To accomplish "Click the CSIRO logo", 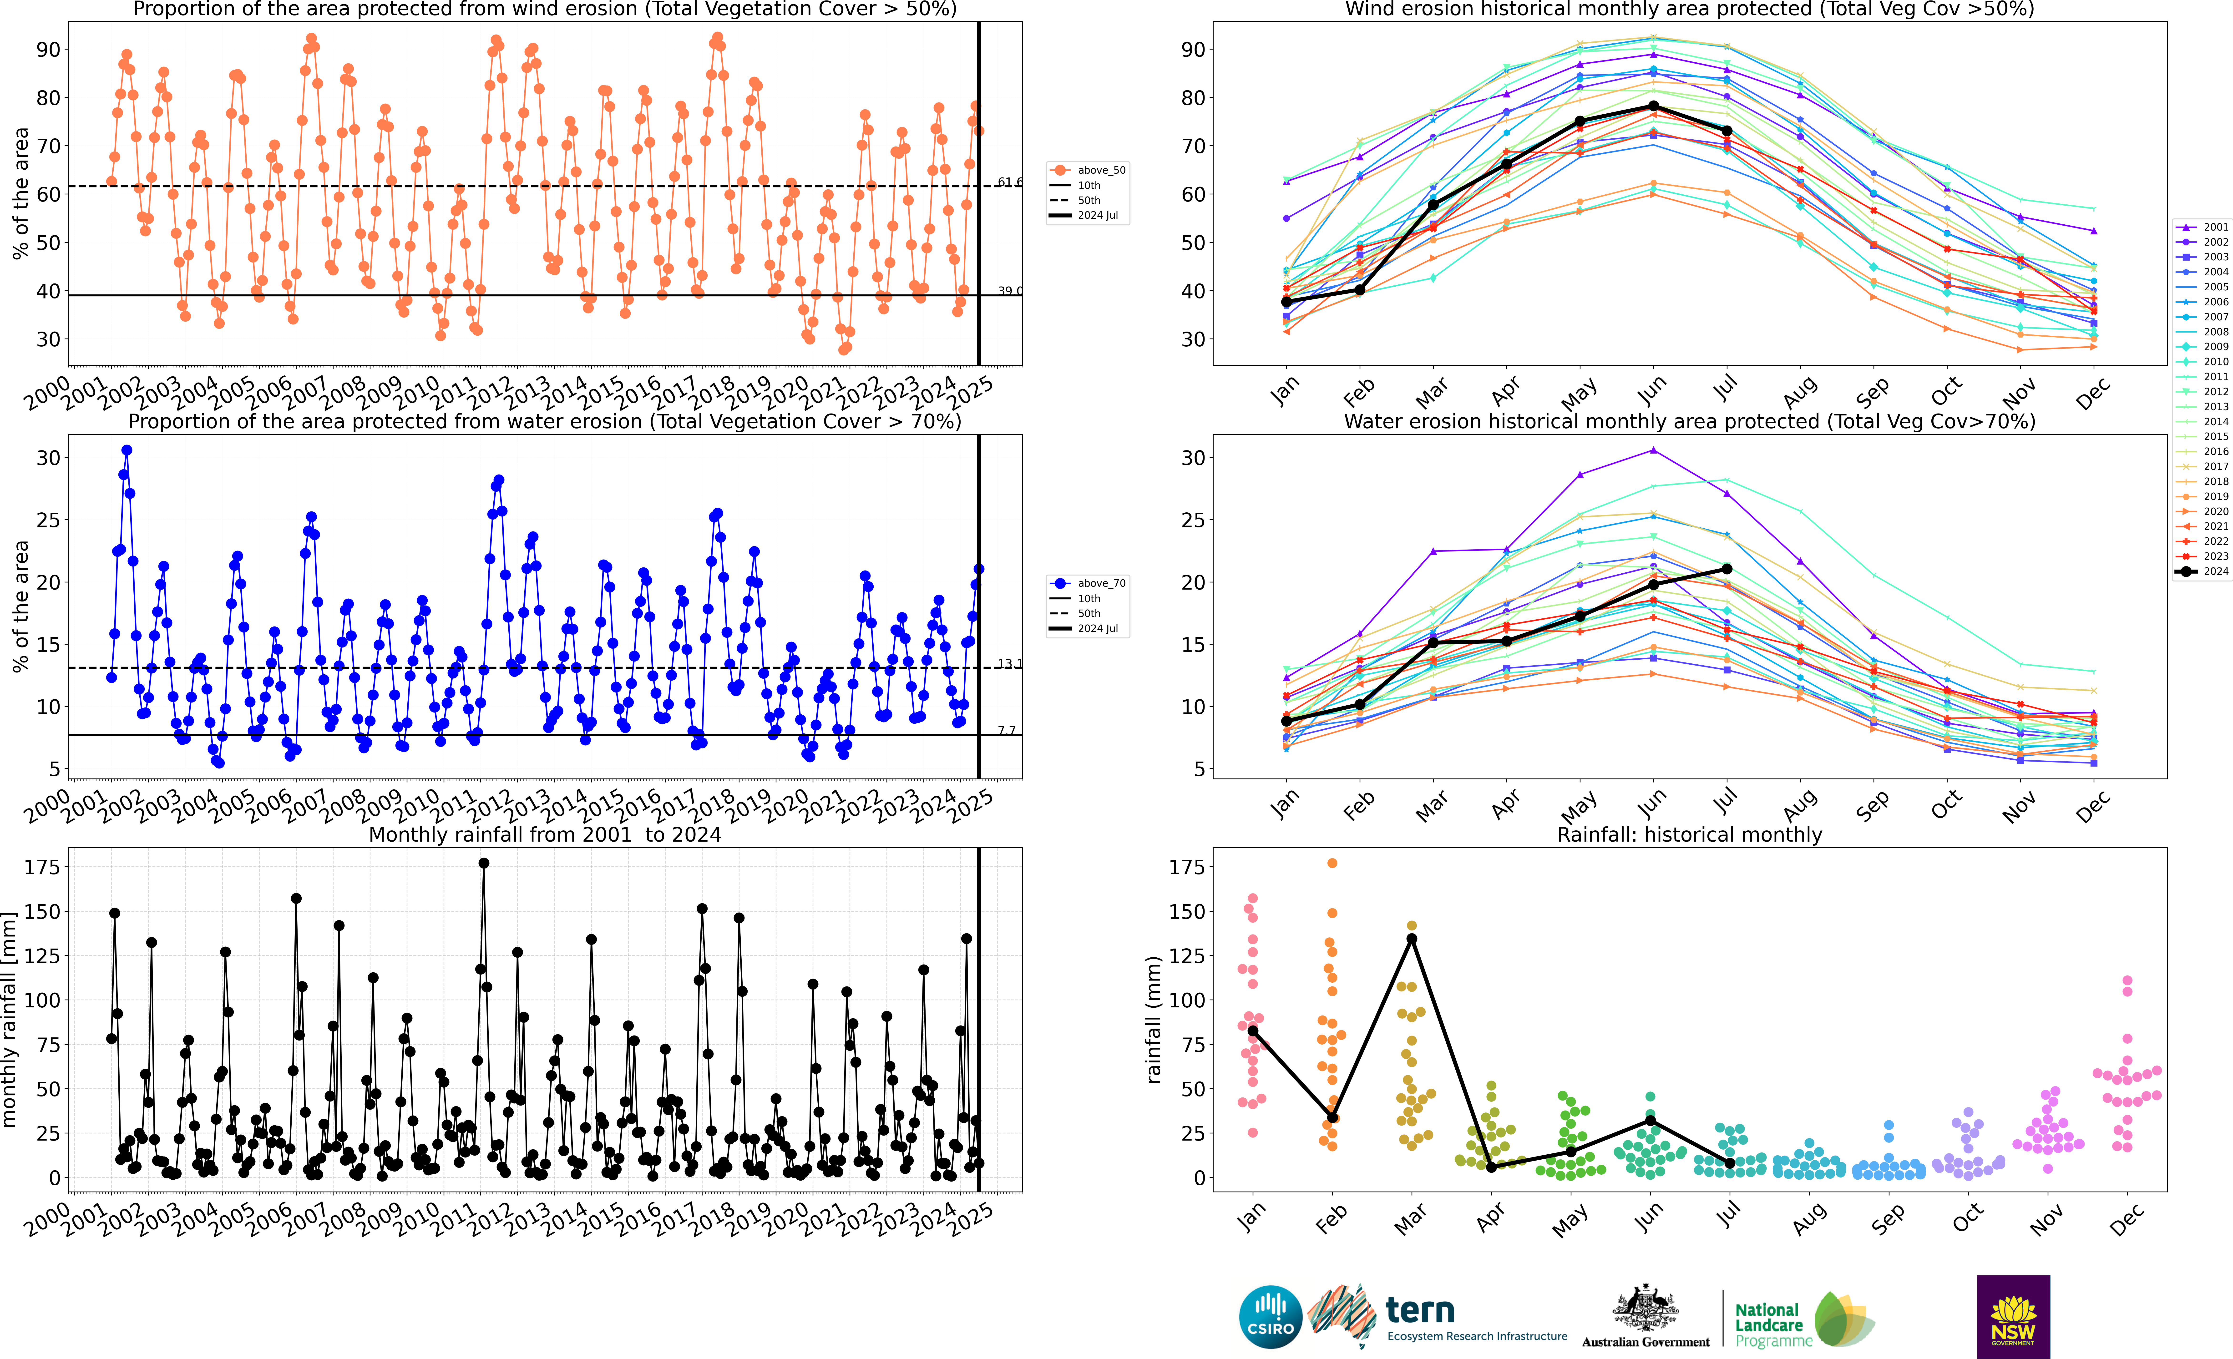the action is click(1271, 1316).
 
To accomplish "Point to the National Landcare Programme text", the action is click(1773, 1324).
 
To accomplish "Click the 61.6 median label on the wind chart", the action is click(1010, 182).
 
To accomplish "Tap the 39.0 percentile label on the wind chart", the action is click(1010, 291).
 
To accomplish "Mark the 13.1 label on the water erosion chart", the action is click(1010, 664).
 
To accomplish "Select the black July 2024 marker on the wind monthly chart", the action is click(1727, 131).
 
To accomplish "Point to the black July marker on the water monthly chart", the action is click(1727, 569).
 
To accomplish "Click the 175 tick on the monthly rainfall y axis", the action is click(42, 867).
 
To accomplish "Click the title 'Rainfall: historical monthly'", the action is click(1689, 834).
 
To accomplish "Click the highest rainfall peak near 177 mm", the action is click(484, 864).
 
